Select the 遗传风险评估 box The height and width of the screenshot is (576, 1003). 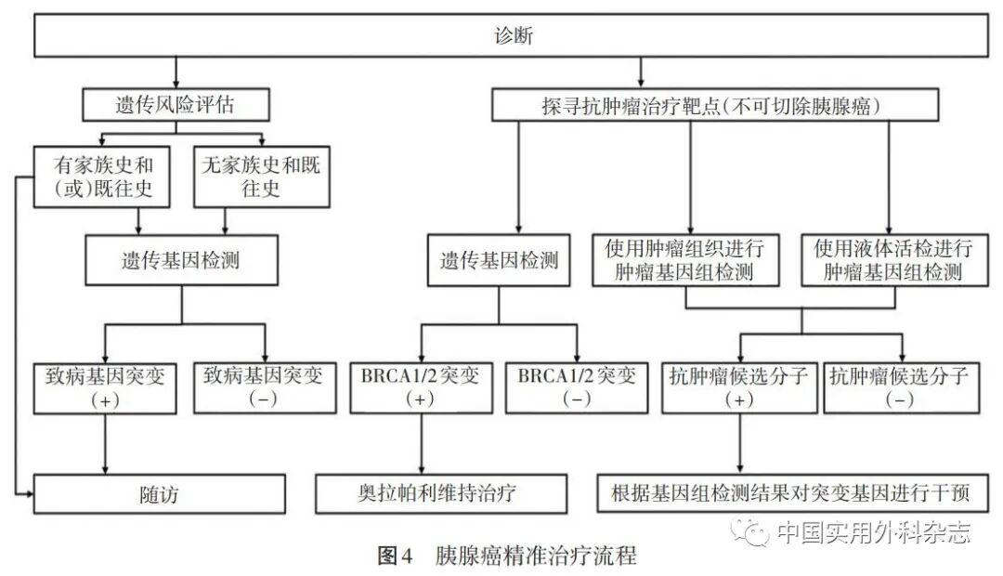(x=175, y=105)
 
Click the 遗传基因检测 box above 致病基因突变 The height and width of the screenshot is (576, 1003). (x=181, y=260)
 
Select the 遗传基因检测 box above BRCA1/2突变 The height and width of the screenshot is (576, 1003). (x=500, y=260)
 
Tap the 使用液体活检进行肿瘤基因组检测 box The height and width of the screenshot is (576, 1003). (x=893, y=260)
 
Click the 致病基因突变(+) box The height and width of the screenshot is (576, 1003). (x=103, y=387)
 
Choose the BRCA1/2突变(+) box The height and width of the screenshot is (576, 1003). (x=422, y=387)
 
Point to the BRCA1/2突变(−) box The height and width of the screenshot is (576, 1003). (x=577, y=387)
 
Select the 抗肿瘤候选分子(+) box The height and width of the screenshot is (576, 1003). (x=739, y=387)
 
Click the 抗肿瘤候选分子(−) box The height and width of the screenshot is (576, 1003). (x=899, y=387)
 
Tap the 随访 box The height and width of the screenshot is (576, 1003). (x=160, y=493)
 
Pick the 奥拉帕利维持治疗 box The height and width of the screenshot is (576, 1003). (x=427, y=492)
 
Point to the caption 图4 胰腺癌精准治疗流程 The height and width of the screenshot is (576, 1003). (x=506, y=556)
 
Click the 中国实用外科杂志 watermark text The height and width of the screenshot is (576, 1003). (x=873, y=532)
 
